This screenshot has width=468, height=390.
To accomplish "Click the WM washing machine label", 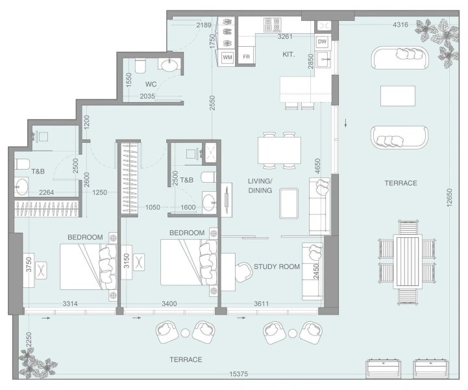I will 227,57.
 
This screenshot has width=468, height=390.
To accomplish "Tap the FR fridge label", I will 246,57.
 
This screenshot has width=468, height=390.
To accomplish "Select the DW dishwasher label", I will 322,42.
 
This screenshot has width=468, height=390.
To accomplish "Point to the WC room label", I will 150,84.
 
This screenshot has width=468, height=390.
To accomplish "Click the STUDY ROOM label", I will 276,266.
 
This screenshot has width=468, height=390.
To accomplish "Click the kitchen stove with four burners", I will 272,24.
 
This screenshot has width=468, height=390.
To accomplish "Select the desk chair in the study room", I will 244,270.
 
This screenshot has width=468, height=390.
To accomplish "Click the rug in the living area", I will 288,202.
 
